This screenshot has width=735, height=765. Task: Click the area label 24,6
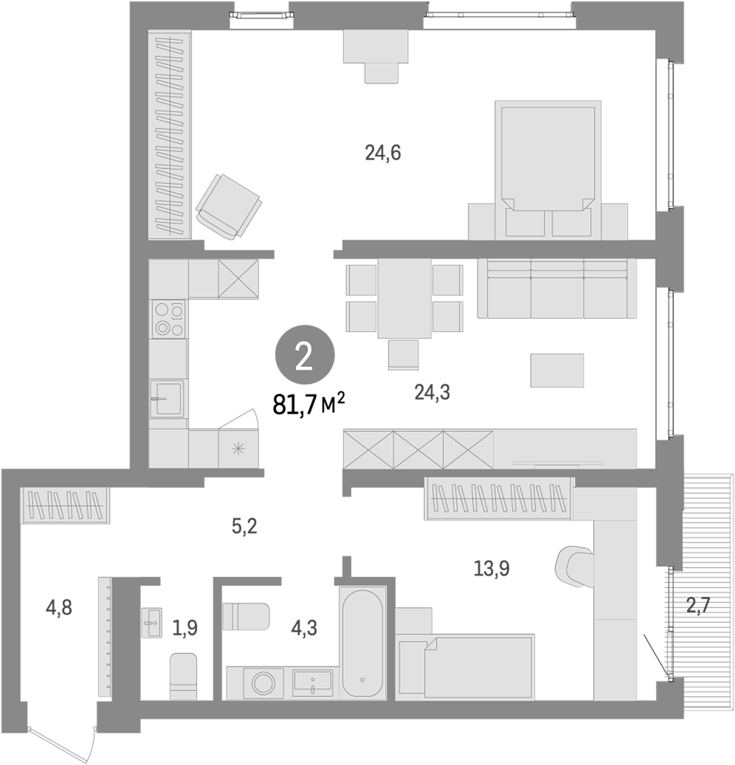383,153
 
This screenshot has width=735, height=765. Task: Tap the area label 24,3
432,392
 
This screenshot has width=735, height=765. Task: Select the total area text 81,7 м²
308,404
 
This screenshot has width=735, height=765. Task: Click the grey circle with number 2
305,355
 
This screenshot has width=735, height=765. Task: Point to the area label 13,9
491,568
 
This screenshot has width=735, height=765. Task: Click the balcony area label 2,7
698,605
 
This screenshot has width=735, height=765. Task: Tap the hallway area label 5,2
244,527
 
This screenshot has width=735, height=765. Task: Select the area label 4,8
59,608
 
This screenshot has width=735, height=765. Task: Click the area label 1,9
185,628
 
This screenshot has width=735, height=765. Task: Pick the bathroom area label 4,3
304,628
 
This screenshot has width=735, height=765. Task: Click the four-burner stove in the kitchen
169,319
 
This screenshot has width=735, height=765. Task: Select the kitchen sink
167,398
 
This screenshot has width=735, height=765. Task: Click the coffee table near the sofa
557,370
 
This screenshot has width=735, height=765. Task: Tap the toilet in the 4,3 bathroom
246,616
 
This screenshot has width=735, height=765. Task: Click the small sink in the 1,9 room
151,623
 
